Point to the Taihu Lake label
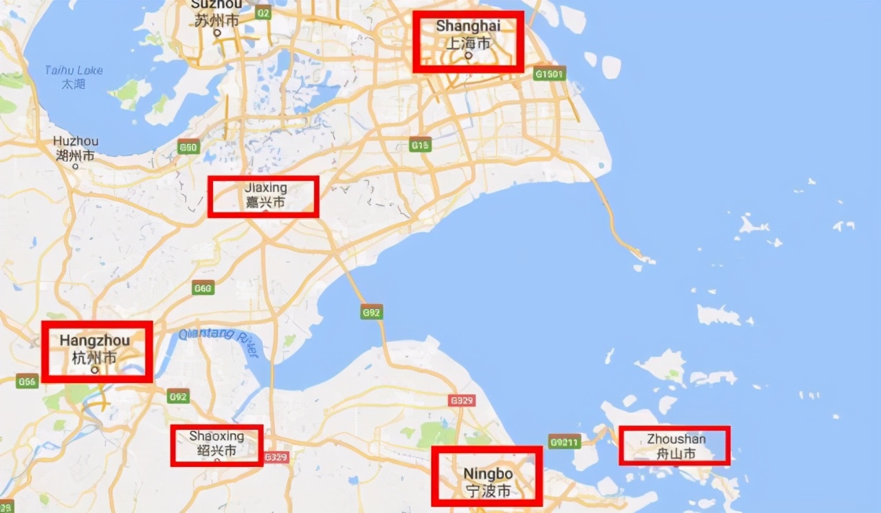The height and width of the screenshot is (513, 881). coord(74,76)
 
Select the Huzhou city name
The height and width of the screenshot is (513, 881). coord(76,148)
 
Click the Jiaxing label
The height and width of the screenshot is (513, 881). coord(265,195)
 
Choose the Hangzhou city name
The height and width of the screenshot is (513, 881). coord(95,349)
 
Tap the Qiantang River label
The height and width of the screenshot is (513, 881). coord(219,342)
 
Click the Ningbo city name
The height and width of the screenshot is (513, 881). coord(488,482)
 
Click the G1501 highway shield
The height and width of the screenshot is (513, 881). coord(550,74)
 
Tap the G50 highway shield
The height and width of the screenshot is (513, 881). coord(188,147)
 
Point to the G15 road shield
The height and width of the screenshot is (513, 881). coord(420,144)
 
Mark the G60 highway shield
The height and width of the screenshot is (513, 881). coord(203,289)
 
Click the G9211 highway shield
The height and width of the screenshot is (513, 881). coord(564,441)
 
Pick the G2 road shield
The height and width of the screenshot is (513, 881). coord(263,12)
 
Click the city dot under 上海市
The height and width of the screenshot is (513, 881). coord(468,55)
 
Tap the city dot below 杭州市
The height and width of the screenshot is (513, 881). coord(95,369)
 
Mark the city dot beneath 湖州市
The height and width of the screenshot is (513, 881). coord(75,166)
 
